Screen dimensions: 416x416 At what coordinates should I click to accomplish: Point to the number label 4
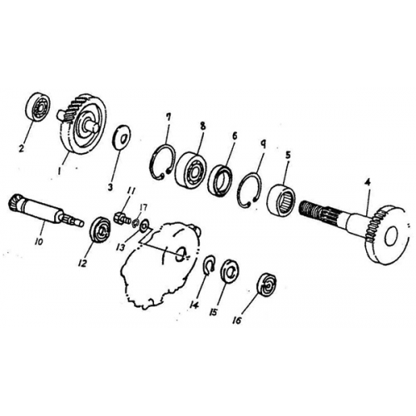[369, 188]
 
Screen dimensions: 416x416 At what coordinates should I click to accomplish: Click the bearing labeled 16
[268, 285]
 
